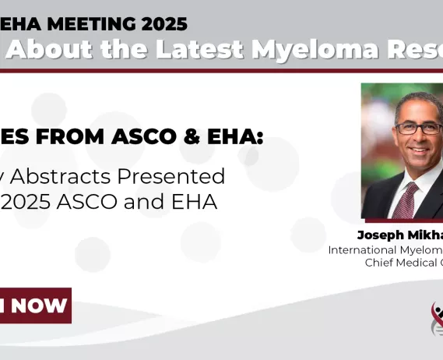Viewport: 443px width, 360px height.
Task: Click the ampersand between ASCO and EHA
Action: pos(199,138)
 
